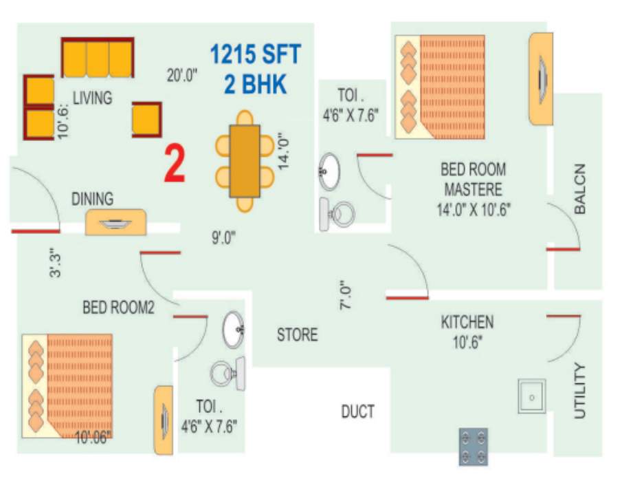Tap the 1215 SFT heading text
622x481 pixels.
point(255,54)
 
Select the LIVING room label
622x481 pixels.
point(92,97)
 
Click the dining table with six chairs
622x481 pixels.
point(245,160)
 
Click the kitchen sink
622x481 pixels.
point(532,396)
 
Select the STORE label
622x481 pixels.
point(297,335)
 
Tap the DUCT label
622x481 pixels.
point(358,411)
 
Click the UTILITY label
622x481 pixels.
point(580,391)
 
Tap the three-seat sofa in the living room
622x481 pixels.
point(98,58)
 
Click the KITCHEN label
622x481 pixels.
point(467,321)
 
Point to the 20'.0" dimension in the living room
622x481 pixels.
point(182,75)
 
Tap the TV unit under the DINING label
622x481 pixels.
point(115,222)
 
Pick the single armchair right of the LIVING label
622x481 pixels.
point(146,119)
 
